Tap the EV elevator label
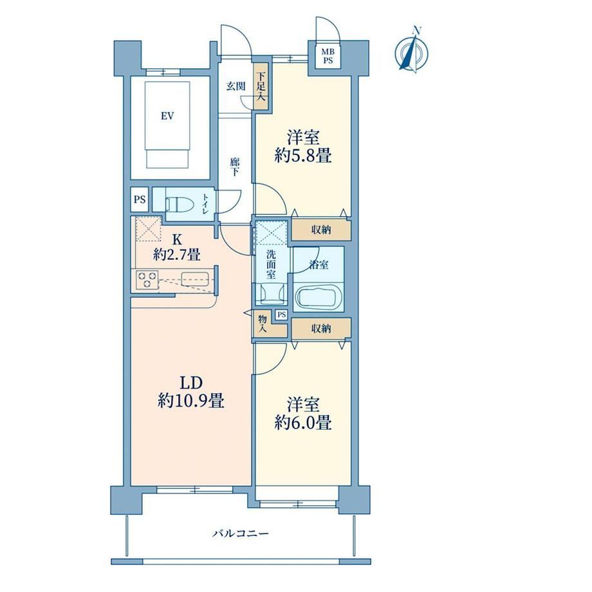(x=167, y=116)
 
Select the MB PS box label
(x=328, y=56)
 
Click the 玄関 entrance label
(x=236, y=86)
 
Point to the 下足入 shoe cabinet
(x=261, y=86)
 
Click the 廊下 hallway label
(x=234, y=167)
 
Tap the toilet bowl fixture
(x=180, y=205)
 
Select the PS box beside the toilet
(x=140, y=199)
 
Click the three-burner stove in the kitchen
(x=147, y=280)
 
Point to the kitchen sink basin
(x=194, y=280)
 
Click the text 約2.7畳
(x=176, y=255)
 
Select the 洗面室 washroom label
(x=271, y=264)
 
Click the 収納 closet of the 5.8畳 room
(x=321, y=230)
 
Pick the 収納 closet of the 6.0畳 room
(x=321, y=328)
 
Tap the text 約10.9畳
(x=191, y=401)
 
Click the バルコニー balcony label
(x=241, y=533)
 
